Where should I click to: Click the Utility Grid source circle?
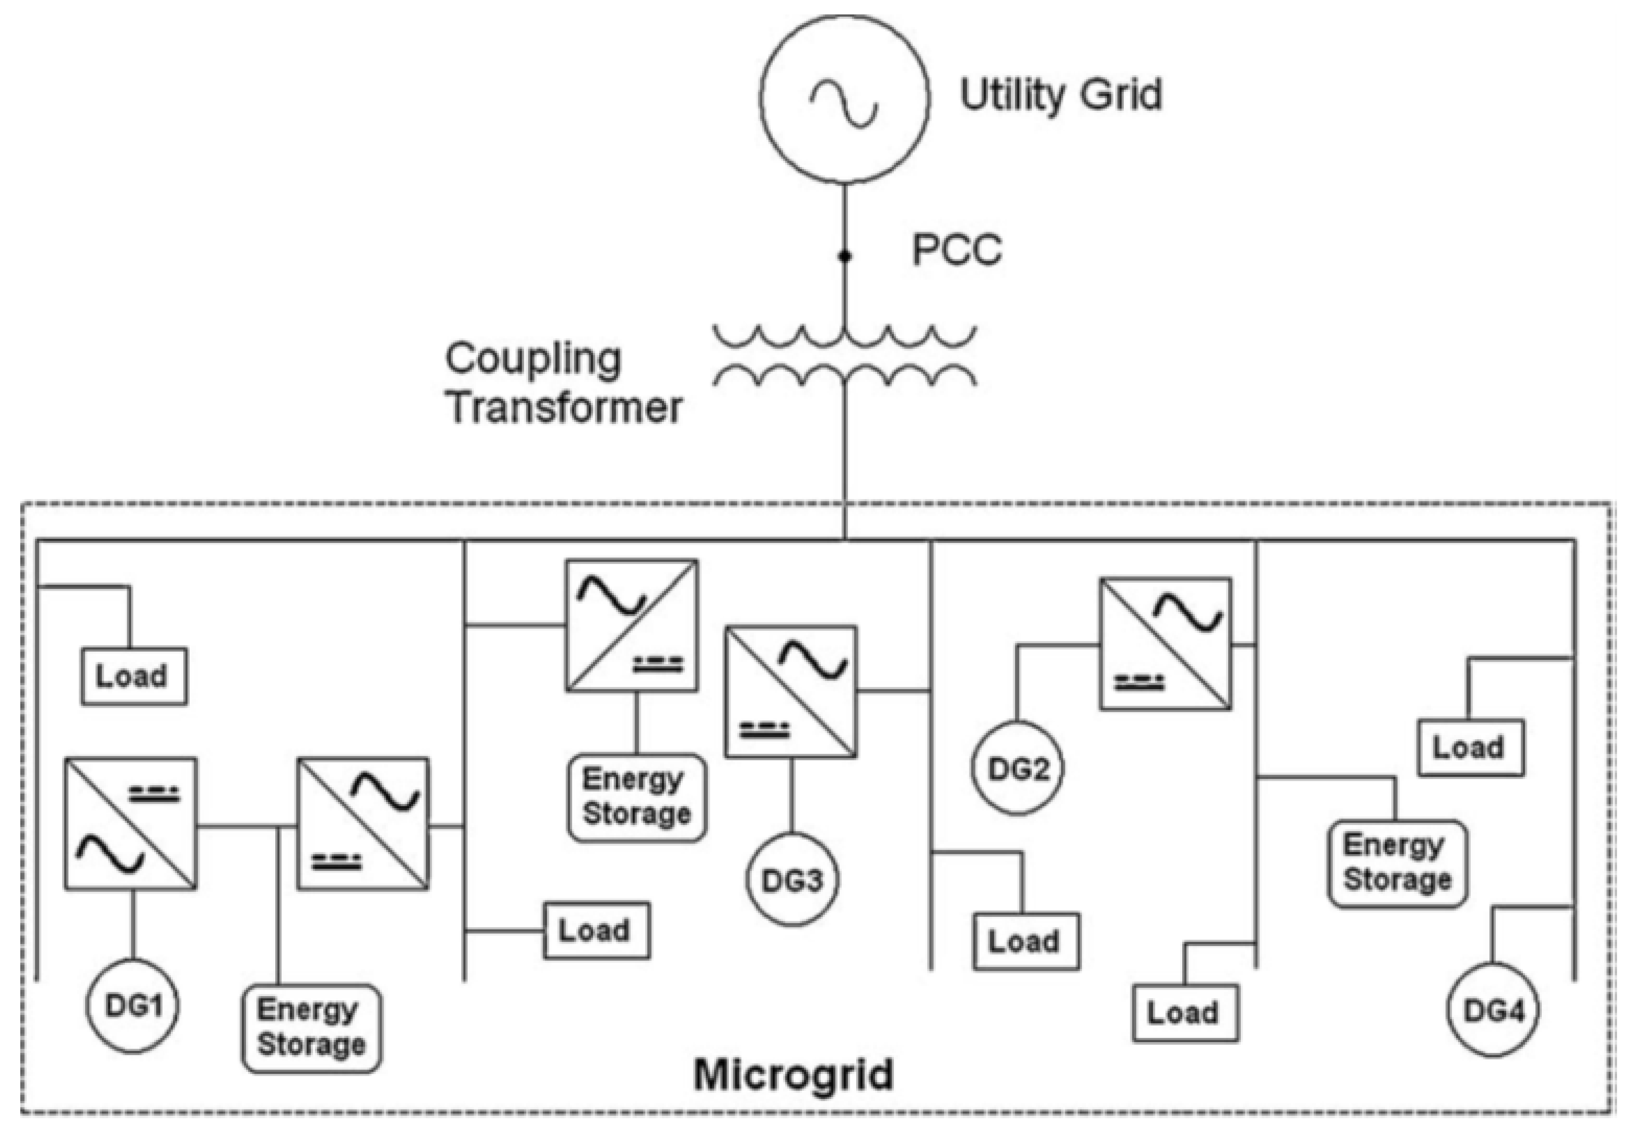pos(844,99)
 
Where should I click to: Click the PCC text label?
pos(957,249)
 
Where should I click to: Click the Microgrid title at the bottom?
pos(793,1074)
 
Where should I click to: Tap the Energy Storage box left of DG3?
pos(637,797)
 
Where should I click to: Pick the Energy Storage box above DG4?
pos(1397,863)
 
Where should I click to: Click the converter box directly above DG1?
pos(131,823)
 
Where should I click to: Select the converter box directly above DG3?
pos(791,691)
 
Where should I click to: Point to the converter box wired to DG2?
pos(1166,644)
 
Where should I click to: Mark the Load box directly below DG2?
pos(1025,941)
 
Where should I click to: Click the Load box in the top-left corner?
pos(133,676)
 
